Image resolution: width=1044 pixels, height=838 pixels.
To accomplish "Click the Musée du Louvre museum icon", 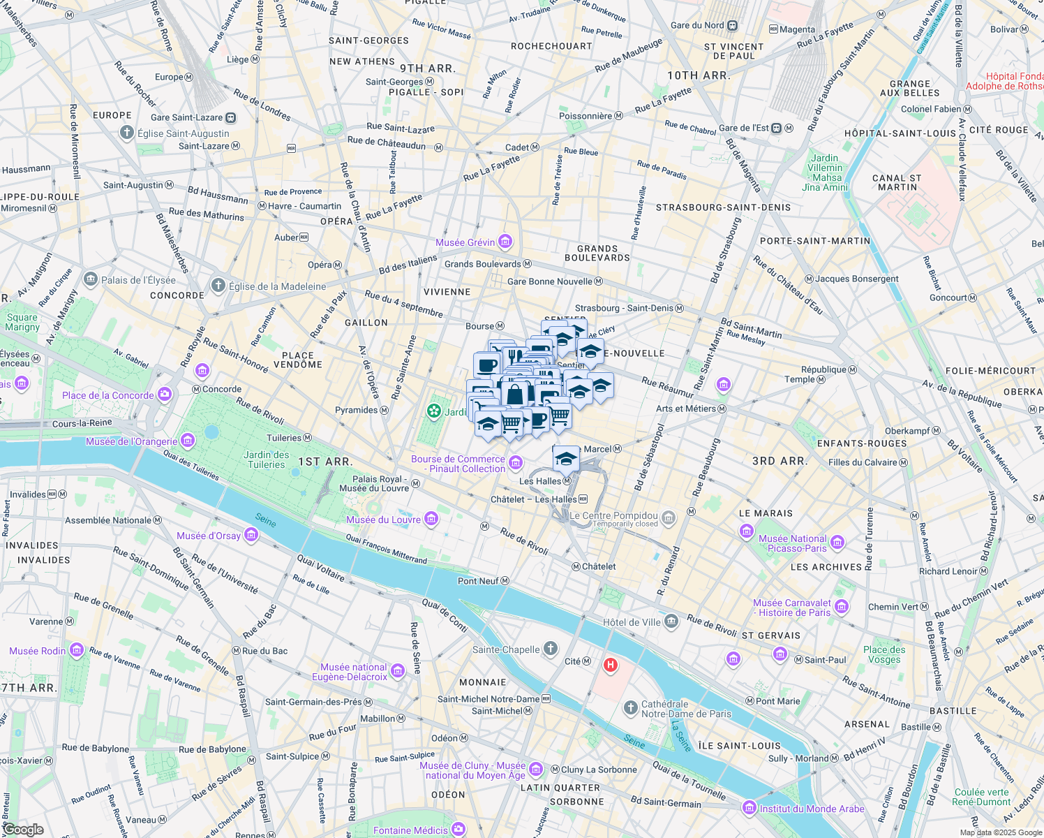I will click(431, 518).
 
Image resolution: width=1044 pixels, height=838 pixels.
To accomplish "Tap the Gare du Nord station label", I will click(697, 26).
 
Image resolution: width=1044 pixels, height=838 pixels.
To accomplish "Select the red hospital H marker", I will click(611, 665).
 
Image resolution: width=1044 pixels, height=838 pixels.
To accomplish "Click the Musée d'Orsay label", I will click(208, 536).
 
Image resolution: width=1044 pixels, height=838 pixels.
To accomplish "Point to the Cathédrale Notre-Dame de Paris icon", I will click(631, 709).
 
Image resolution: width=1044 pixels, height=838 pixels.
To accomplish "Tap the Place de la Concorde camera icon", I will click(165, 395).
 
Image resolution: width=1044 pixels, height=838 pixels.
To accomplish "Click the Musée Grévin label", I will click(465, 242).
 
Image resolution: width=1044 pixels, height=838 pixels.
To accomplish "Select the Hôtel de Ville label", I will click(632, 622).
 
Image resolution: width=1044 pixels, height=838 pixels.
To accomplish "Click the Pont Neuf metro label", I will click(478, 581).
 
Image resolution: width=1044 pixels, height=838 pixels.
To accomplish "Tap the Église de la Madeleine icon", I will click(218, 286).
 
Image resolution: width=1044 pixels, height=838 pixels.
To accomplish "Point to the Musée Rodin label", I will click(38, 651).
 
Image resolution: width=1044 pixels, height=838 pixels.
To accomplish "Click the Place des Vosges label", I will click(884, 654).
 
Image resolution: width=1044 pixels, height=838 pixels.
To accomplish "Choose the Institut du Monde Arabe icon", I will click(750, 808).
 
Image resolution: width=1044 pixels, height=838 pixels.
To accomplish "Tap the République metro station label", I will click(823, 369).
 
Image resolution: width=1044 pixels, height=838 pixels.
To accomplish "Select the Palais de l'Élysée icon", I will click(91, 279).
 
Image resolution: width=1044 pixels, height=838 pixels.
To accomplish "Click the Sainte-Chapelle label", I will click(506, 649).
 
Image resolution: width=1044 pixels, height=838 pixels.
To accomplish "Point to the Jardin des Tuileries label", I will click(267, 460).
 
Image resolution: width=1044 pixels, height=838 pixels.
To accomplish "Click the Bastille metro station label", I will click(916, 727).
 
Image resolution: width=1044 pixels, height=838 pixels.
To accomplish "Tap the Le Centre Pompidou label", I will click(613, 516).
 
